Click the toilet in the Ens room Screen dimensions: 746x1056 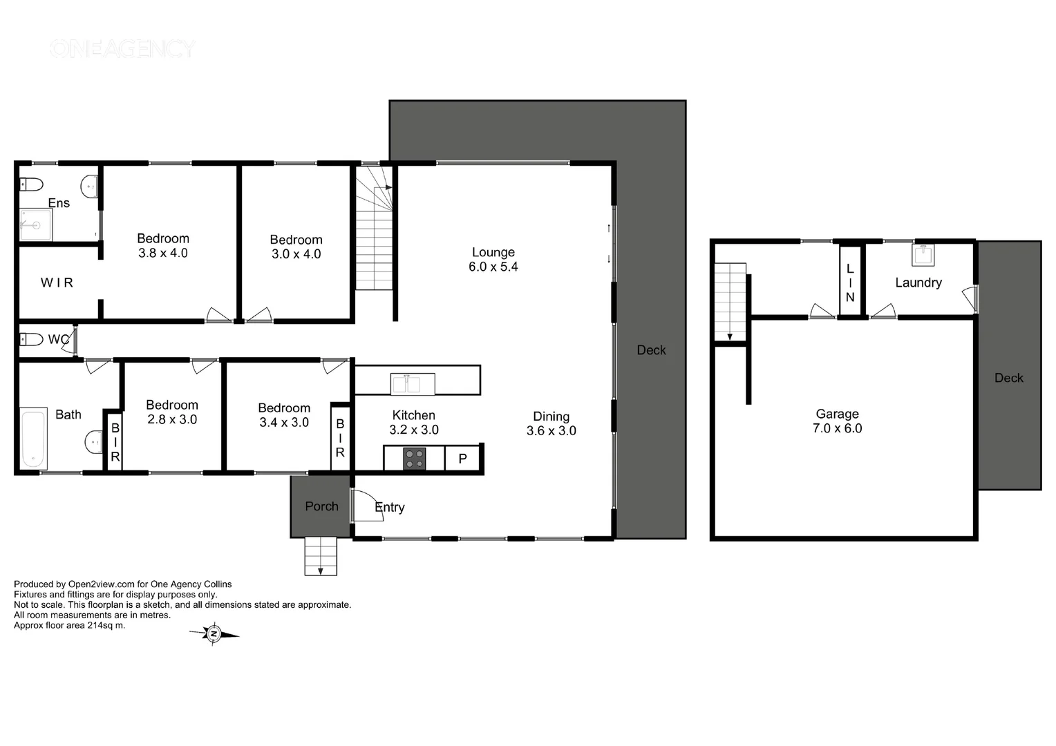pos(31,184)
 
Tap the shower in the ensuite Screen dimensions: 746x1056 pos(35,224)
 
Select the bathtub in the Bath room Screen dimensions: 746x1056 pos(33,438)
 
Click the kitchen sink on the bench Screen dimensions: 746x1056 pos(413,383)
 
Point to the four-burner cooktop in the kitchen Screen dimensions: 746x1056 pos(414,458)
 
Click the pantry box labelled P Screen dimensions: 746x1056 pos(462,458)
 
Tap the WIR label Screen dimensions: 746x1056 pos(57,283)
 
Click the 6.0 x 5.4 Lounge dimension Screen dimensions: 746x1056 pos(493,267)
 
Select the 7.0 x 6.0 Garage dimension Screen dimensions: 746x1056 pos(837,428)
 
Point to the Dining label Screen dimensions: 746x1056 pos(551,417)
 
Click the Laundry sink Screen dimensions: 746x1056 pos(923,254)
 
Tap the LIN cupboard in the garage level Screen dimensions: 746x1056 pos(850,283)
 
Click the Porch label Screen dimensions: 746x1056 pos(321,506)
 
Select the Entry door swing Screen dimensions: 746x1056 pos(366,506)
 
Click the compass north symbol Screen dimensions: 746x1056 pos(214,633)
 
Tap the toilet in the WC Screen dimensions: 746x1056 pos(31,339)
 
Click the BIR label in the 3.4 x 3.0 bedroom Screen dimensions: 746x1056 pos(340,438)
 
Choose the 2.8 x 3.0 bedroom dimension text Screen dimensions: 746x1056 pos(172,420)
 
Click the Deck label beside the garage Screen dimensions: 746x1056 pos(1008,378)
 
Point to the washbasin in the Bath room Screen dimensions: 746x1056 pos(93,441)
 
